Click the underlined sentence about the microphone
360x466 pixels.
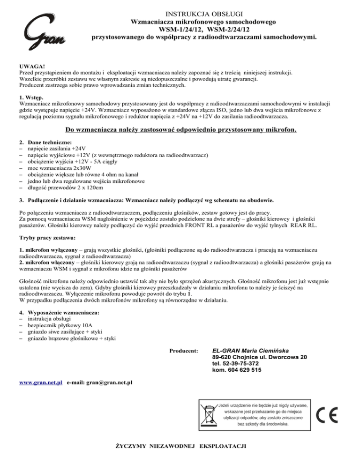point(180,130)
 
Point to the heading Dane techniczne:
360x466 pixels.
point(50,141)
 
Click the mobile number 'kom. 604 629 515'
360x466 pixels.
point(237,370)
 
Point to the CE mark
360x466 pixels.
point(325,415)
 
